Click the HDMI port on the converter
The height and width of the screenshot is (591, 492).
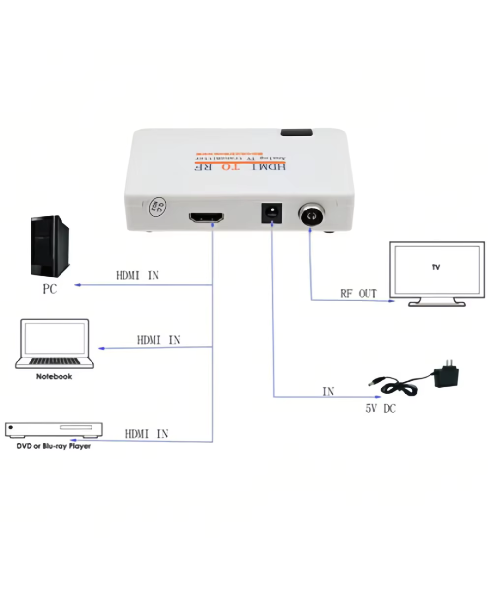[x=207, y=217]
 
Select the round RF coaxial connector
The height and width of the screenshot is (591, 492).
[x=311, y=215]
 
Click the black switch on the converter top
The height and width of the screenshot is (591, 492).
[x=296, y=133]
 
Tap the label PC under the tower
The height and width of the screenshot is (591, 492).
[x=50, y=289]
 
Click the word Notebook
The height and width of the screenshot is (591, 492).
[x=54, y=377]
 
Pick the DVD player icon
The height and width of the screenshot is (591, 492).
[x=54, y=429]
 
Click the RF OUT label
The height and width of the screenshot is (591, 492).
[x=359, y=294]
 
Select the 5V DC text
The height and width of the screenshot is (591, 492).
[x=380, y=409]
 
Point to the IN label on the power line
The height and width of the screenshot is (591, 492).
[x=328, y=392]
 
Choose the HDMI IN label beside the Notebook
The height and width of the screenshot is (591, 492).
[x=158, y=340]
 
